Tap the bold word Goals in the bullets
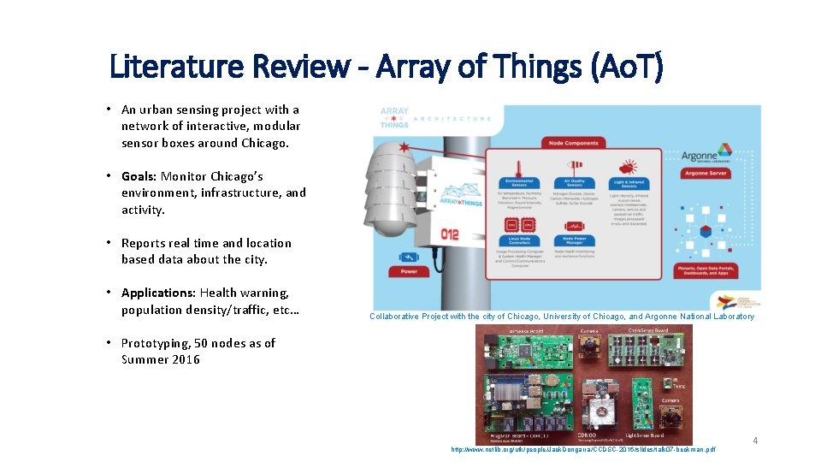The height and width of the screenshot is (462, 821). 139,176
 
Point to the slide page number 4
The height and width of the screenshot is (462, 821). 755,441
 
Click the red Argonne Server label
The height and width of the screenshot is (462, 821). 705,174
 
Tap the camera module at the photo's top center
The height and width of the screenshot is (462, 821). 591,346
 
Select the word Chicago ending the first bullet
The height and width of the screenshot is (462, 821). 264,143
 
